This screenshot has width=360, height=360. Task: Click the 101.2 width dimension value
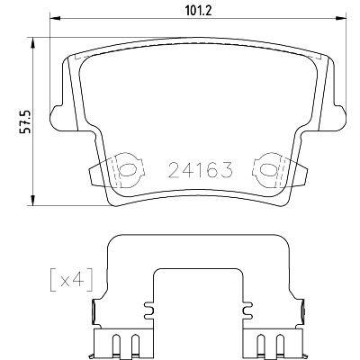tap(199, 11)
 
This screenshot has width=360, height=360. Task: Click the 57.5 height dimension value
tap(25, 121)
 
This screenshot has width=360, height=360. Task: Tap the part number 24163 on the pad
tap(201, 170)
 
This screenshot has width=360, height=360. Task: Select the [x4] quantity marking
tap(71, 280)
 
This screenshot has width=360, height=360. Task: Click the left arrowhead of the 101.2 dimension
tap(55, 18)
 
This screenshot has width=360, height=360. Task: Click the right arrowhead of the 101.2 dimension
tap(340, 18)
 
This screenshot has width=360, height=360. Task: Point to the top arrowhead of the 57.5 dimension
tap(32, 43)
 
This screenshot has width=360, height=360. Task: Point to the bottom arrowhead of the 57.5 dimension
tap(32, 200)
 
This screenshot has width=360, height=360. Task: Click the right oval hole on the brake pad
tap(266, 170)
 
